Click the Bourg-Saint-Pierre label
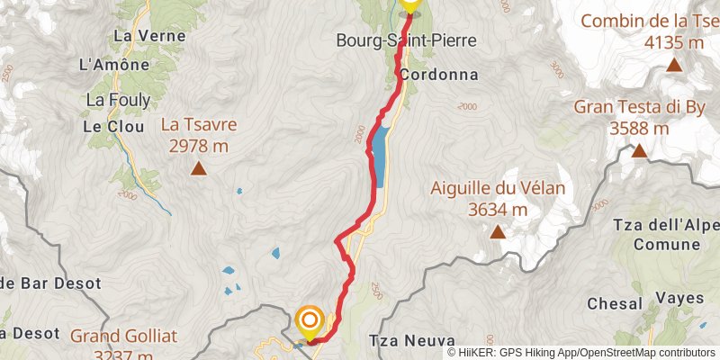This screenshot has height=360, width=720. click(x=405, y=40)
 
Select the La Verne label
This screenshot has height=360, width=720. click(x=136, y=37)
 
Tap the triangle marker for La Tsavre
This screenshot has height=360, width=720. click(x=198, y=168)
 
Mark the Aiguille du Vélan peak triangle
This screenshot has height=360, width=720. click(x=497, y=232)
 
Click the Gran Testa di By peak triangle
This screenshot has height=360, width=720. click(x=639, y=150)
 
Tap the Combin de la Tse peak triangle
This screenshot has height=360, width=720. click(x=673, y=65)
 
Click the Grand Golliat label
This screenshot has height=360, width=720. click(x=125, y=337)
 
